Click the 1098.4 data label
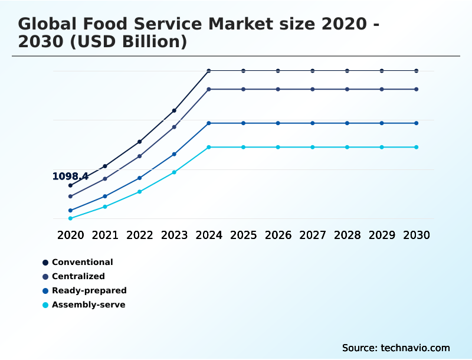70,176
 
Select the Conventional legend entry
82,262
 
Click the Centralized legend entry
78,276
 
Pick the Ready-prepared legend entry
88,290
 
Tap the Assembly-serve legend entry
88,305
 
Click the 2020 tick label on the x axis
71,235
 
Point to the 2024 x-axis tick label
209,235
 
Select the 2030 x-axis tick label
417,235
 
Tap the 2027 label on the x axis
313,235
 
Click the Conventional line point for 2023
174,110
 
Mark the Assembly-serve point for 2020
70,218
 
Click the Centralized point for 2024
209,89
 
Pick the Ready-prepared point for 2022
140,178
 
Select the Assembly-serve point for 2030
417,147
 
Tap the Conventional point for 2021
105,166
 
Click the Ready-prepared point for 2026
278,123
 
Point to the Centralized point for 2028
347,89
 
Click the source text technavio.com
415,348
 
